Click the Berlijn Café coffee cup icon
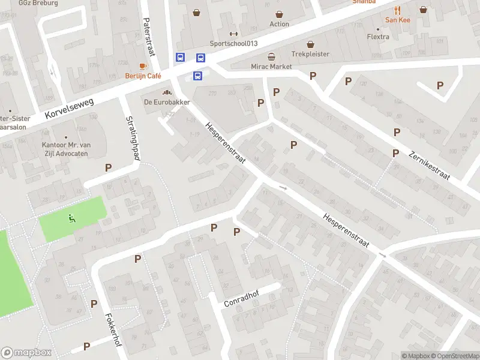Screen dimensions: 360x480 143,66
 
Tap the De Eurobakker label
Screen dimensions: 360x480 167,102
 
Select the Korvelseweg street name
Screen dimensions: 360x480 70,108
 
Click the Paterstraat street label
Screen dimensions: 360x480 147,36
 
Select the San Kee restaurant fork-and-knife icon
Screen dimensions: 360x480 397,10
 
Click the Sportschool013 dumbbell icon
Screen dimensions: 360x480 233,34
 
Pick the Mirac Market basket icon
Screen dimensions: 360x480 272,57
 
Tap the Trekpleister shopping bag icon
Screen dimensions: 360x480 310,44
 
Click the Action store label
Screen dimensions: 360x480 279,25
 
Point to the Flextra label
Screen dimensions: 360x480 378,37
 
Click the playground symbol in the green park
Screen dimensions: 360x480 73,218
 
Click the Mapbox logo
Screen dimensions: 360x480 26,353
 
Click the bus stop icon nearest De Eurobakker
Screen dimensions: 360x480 197,76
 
